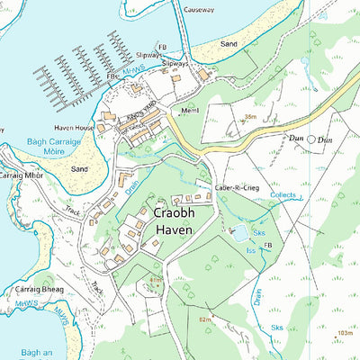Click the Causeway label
tap(201, 9)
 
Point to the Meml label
tap(189, 111)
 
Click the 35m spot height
tap(249, 117)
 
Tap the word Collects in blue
tap(283, 194)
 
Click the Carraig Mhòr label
tap(22, 175)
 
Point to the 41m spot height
tap(156, 281)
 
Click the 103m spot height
tap(344, 333)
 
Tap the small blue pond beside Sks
tap(240, 233)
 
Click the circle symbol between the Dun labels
tap(311, 139)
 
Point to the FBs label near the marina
tap(114, 77)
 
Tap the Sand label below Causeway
tap(229, 43)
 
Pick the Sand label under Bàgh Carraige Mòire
tap(79, 168)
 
